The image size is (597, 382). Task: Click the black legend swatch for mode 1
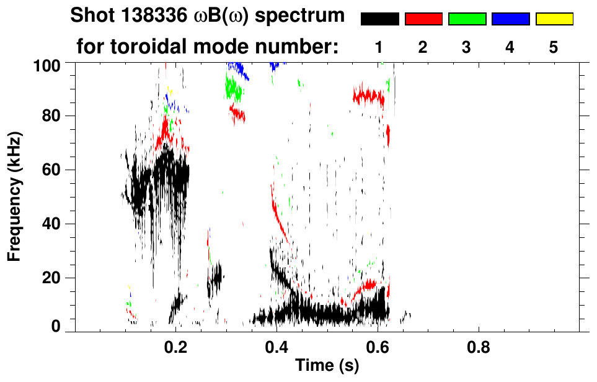tap(380, 19)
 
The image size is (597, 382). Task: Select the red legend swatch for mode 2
tap(423, 19)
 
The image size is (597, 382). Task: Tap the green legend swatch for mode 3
tap(467, 19)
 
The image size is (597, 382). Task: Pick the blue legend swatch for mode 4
tap(510, 19)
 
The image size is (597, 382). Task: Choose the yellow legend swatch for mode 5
tap(554, 19)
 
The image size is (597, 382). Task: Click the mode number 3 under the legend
tap(467, 47)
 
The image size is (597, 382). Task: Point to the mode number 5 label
tap(554, 47)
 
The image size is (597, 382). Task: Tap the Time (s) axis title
tap(327, 366)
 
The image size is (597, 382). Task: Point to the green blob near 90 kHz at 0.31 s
tap(233, 88)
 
